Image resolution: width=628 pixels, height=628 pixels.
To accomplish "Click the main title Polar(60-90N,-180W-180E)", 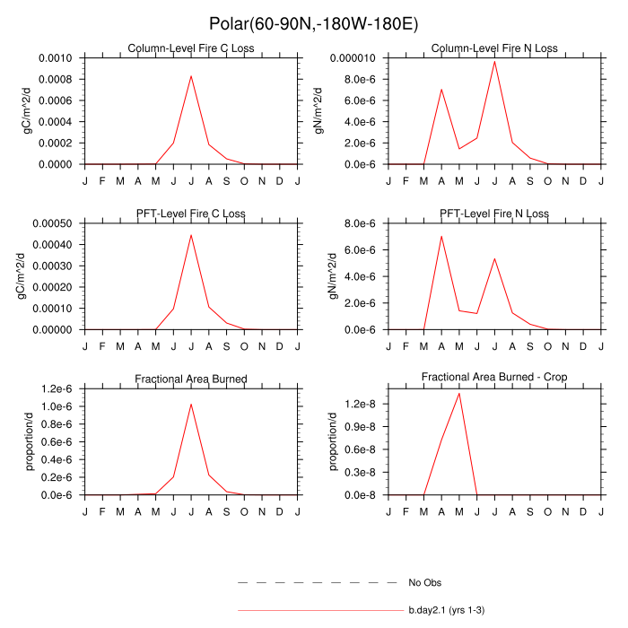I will point(314,23).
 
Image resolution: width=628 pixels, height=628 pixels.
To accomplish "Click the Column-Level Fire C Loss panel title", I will point(190,48).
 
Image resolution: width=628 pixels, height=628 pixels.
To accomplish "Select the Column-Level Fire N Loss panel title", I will point(494,48).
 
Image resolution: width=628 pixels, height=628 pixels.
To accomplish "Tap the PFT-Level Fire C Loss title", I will point(191,214).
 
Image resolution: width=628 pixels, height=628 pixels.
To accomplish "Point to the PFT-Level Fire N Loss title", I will point(494,214).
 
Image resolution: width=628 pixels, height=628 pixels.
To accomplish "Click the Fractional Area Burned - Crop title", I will point(494,379).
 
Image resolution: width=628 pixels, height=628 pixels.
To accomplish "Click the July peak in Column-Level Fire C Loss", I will point(191,75).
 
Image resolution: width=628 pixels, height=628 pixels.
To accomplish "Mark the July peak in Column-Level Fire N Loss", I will point(494,61).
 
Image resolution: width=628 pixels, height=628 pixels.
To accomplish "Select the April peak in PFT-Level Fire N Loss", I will point(441,236).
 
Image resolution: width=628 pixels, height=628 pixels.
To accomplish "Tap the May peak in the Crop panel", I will point(459,393).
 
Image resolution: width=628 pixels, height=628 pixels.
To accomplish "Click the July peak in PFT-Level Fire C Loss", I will point(191,235).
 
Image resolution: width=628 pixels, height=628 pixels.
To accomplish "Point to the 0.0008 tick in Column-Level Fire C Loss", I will point(57,79).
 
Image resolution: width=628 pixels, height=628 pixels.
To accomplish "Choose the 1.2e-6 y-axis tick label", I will point(57,388).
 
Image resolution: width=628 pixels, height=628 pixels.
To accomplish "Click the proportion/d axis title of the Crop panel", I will point(335,441).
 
